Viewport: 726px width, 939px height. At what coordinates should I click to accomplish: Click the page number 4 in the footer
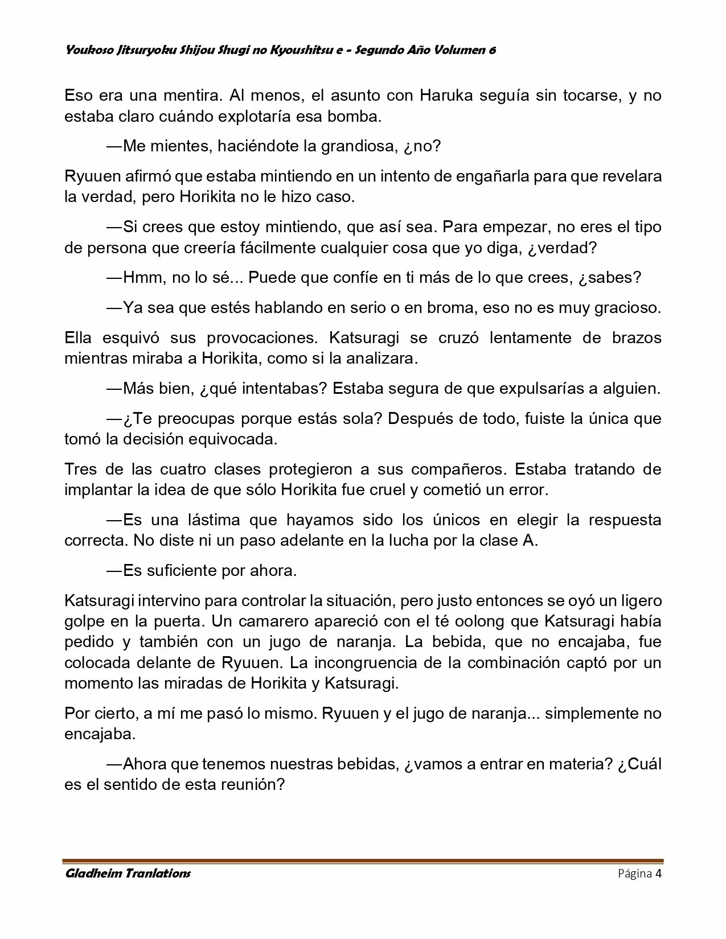tap(658, 873)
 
